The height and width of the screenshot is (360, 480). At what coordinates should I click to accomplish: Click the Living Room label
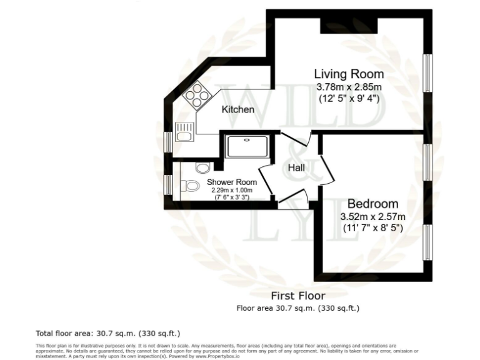click(349, 74)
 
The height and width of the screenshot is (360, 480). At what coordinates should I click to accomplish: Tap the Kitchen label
click(238, 109)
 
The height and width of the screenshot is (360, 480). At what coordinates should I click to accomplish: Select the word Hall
click(296, 167)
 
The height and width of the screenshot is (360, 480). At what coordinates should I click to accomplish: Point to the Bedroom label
click(372, 204)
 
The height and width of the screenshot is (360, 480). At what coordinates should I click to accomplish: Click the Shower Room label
click(229, 182)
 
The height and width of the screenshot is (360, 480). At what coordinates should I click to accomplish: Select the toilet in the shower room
click(190, 186)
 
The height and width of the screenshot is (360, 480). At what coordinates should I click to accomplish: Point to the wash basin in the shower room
click(201, 167)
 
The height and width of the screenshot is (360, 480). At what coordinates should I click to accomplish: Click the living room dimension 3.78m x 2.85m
click(349, 87)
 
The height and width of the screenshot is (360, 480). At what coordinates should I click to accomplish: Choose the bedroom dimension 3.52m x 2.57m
click(372, 217)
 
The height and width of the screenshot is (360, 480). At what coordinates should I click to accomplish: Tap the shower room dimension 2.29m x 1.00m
click(229, 190)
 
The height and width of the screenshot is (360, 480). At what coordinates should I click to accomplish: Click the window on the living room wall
click(427, 74)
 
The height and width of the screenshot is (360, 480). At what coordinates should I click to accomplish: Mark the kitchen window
click(167, 142)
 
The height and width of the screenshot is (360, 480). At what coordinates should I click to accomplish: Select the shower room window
click(167, 184)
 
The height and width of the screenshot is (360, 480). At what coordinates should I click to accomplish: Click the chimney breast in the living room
click(349, 26)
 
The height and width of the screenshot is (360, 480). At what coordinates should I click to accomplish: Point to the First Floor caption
click(297, 296)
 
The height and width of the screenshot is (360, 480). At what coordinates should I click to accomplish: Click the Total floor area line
click(108, 332)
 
